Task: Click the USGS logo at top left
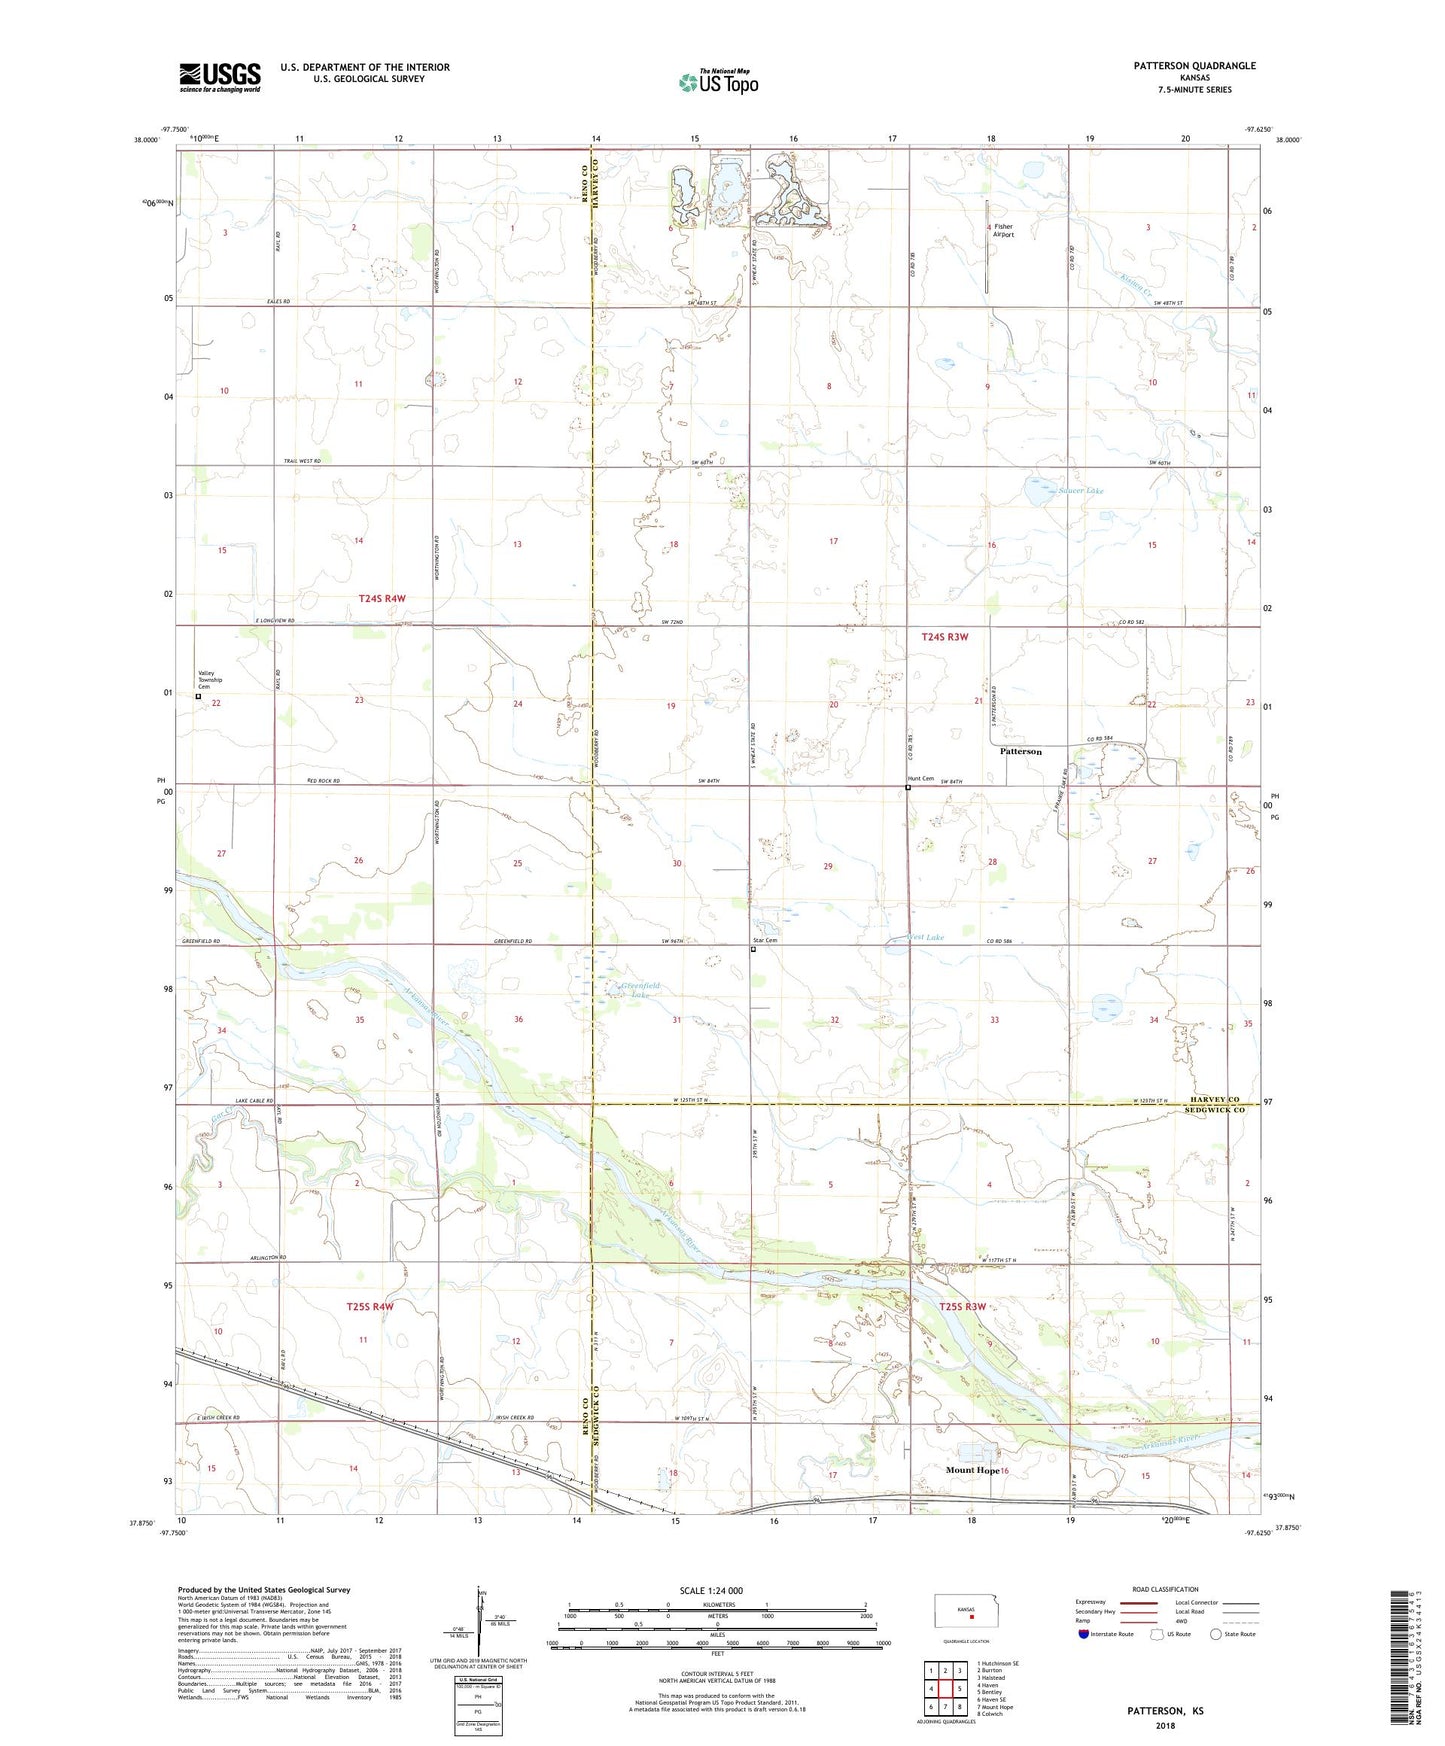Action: pyautogui.click(x=219, y=76)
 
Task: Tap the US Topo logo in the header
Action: pyautogui.click(x=718, y=82)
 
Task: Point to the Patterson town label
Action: pyautogui.click(x=1021, y=751)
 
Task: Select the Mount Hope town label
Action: pyautogui.click(x=972, y=1470)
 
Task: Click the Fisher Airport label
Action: pyautogui.click(x=1003, y=231)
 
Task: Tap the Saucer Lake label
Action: pyautogui.click(x=1080, y=491)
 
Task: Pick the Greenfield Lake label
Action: pyautogui.click(x=640, y=990)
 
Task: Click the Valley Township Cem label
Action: pyautogui.click(x=210, y=680)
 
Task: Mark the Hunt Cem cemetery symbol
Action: pyautogui.click(x=908, y=788)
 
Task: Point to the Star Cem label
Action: pyautogui.click(x=764, y=940)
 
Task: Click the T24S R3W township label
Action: pyautogui.click(x=944, y=636)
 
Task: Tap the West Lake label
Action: pyautogui.click(x=926, y=937)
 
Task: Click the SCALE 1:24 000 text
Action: pyautogui.click(x=711, y=1590)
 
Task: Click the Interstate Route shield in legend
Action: pyautogui.click(x=1084, y=1634)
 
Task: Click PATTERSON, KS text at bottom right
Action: pyautogui.click(x=1165, y=1711)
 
